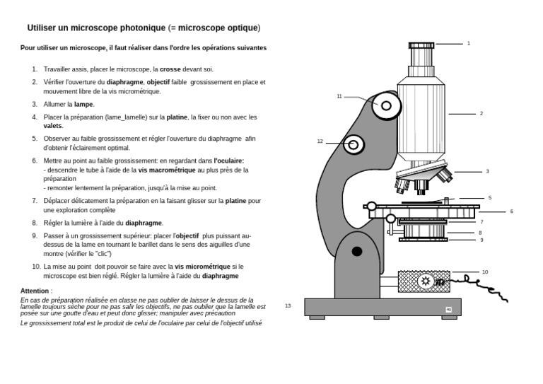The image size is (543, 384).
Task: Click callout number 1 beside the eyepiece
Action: point(468,44)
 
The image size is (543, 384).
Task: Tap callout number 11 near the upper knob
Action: point(339,96)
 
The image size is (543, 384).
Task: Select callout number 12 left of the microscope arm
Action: point(320,141)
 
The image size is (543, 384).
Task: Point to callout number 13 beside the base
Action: point(288,306)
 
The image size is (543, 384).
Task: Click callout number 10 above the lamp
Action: point(485,272)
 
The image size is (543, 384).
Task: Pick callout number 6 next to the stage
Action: point(511,211)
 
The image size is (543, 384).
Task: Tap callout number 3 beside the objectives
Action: point(487,172)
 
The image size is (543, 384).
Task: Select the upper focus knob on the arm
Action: point(385,106)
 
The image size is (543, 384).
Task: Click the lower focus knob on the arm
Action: point(355,145)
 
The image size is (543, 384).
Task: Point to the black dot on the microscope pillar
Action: point(357,251)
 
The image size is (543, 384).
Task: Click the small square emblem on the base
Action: point(448,310)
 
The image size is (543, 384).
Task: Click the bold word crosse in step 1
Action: point(170,69)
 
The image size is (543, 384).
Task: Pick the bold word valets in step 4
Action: point(52,126)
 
